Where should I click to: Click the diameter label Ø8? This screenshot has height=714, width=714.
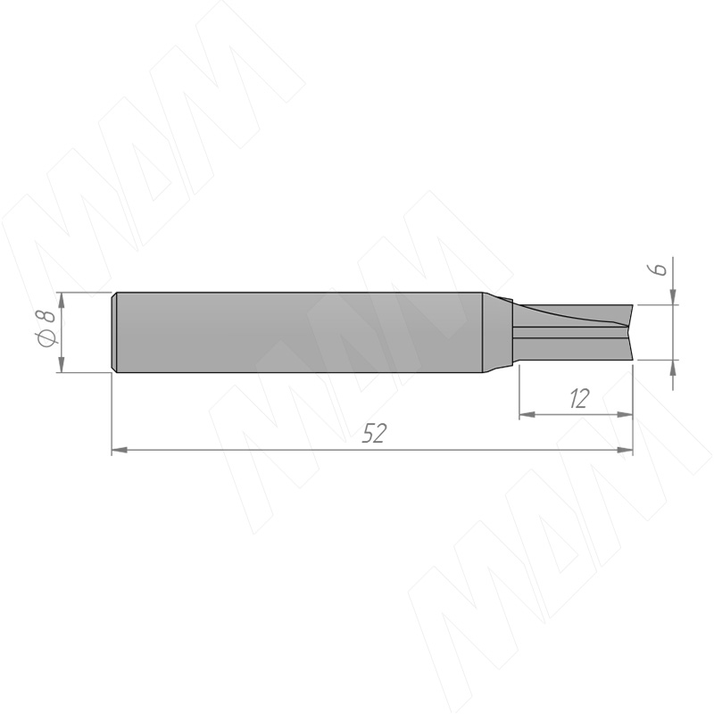(47, 328)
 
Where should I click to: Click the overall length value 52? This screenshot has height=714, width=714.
(374, 434)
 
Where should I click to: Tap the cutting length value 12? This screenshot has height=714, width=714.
(579, 398)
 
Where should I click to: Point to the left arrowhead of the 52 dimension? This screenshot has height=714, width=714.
(120, 450)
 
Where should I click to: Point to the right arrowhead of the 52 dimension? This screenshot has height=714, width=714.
(626, 450)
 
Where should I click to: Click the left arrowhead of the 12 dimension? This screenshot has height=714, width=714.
(527, 414)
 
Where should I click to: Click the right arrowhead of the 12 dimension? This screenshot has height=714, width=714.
(626, 414)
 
